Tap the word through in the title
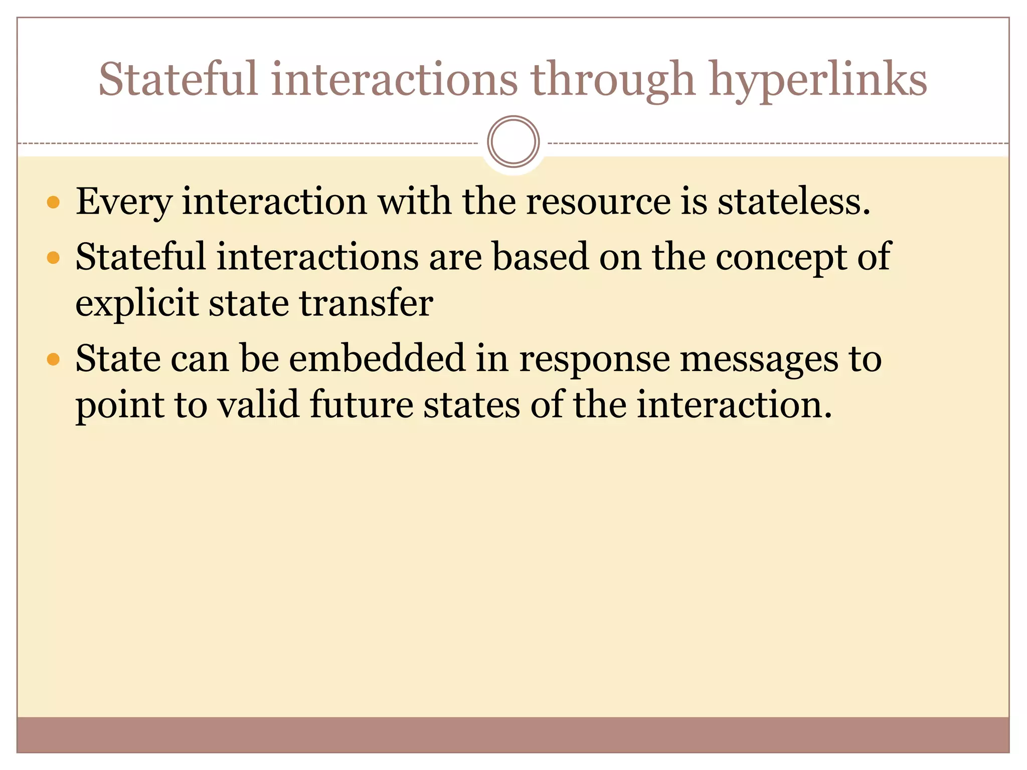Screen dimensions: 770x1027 (613, 80)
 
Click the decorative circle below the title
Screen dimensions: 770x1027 (513, 142)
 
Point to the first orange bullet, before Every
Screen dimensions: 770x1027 (53, 203)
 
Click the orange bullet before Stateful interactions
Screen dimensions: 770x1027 (53, 258)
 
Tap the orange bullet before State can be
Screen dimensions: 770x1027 (53, 359)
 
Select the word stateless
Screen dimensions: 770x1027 (793, 202)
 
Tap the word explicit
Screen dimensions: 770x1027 (137, 304)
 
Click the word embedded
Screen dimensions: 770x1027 (377, 358)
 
